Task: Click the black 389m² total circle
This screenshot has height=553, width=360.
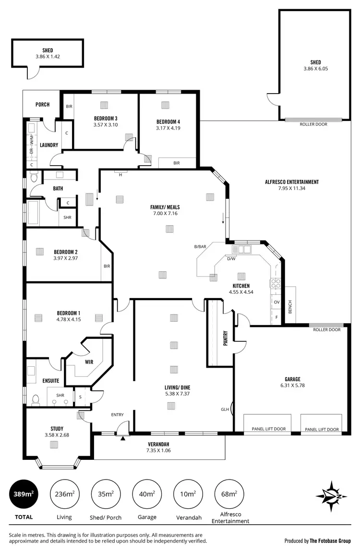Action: pyautogui.click(x=24, y=493)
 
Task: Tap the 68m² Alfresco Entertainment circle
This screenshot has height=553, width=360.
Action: pyautogui.click(x=229, y=493)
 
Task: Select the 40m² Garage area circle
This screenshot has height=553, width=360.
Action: pyautogui.click(x=147, y=493)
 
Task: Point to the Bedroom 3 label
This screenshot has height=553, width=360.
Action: pyautogui.click(x=106, y=119)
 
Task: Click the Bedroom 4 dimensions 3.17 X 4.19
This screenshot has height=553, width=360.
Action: pyautogui.click(x=168, y=128)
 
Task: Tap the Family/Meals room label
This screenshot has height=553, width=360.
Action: pyautogui.click(x=165, y=207)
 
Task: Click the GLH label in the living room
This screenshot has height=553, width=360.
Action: pyautogui.click(x=225, y=409)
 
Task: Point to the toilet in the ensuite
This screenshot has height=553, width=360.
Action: pyautogui.click(x=35, y=399)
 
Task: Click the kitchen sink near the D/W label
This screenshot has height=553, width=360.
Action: pyautogui.click(x=241, y=249)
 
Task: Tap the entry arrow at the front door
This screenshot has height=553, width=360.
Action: pyautogui.click(x=123, y=438)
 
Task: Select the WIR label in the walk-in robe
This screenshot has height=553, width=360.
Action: pyautogui.click(x=88, y=362)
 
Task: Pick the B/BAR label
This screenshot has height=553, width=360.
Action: pyautogui.click(x=200, y=247)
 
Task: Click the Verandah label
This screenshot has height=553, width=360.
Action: pyautogui.click(x=158, y=444)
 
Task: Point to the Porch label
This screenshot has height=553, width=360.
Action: pyautogui.click(x=42, y=105)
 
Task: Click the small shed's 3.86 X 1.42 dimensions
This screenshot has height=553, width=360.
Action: pyautogui.click(x=47, y=57)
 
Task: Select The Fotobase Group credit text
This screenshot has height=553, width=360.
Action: pyautogui.click(x=331, y=541)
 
